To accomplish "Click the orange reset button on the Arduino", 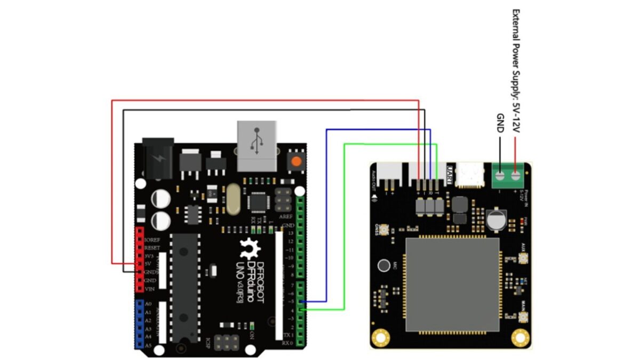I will [x=296, y=161].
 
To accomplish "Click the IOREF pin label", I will [x=153, y=240].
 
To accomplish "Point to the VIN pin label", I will [x=150, y=289].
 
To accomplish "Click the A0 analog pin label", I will [x=148, y=303].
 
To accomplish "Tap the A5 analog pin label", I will [x=148, y=346].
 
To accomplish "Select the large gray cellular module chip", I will [x=452, y=285].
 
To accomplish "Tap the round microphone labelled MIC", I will [x=383, y=265].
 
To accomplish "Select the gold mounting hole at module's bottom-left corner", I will [x=380, y=337].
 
